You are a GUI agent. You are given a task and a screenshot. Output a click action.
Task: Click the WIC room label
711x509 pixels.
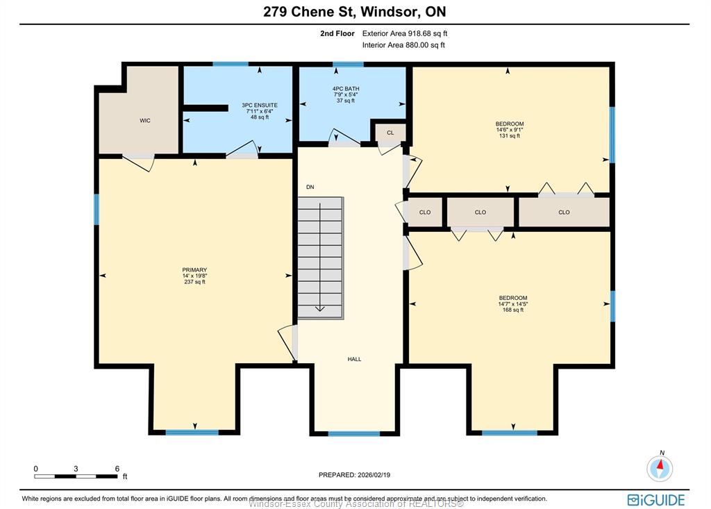click(x=145, y=121)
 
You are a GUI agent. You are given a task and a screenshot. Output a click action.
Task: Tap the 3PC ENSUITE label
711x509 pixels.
click(x=260, y=106)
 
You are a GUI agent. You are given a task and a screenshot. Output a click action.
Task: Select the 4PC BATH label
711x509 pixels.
click(x=346, y=89)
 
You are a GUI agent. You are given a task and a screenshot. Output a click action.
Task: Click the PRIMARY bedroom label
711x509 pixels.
click(x=194, y=270)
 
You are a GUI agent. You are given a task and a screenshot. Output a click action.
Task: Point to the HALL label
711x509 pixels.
click(x=355, y=359)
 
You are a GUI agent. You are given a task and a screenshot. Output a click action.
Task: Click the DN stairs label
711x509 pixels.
click(x=310, y=187)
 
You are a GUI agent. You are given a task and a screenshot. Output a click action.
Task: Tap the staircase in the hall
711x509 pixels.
click(x=320, y=258)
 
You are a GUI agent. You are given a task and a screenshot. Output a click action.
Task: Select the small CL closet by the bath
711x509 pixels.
click(x=390, y=133)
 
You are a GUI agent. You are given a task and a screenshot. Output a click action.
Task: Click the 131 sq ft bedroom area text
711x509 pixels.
click(x=510, y=135)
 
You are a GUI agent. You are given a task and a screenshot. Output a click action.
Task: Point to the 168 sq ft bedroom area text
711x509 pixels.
click(x=513, y=310)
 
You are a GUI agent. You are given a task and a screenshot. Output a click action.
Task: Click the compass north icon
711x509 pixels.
click(x=660, y=468)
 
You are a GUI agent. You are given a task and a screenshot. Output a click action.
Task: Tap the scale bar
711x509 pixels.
click(x=76, y=476)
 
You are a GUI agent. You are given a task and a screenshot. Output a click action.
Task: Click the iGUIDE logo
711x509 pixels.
click(x=656, y=500)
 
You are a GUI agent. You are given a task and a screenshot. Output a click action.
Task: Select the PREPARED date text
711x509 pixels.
click(x=355, y=475)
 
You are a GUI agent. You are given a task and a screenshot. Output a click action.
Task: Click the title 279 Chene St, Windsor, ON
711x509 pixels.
click(x=355, y=11)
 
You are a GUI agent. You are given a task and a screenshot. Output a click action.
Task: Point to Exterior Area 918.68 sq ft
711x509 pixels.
click(x=405, y=33)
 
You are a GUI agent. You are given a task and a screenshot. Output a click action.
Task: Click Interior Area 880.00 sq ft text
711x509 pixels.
click(x=403, y=45)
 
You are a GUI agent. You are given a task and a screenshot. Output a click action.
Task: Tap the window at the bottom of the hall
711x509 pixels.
click(x=354, y=434)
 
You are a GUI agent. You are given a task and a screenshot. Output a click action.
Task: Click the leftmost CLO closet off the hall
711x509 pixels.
click(x=425, y=212)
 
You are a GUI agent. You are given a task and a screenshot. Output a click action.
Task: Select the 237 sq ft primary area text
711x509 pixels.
click(x=194, y=282)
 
